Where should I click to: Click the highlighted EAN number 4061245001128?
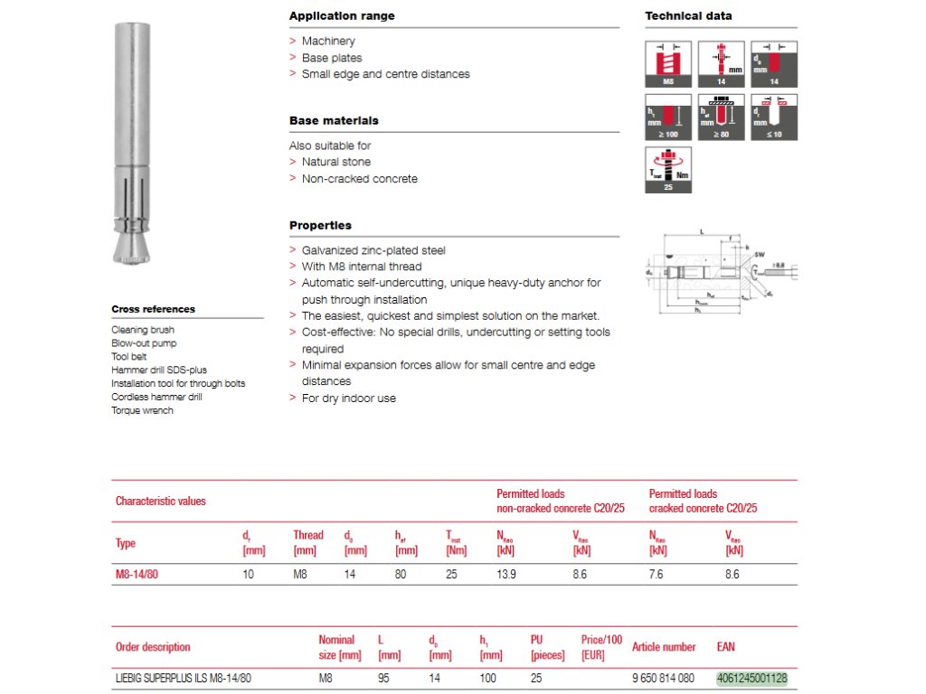coord(751,678)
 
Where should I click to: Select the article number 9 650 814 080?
coord(662,678)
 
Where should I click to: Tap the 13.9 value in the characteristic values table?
coord(506,575)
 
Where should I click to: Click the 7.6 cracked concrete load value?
coord(657,575)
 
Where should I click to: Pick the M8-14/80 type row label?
coord(137,575)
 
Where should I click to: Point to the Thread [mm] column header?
coord(307,542)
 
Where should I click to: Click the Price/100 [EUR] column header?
coord(601,646)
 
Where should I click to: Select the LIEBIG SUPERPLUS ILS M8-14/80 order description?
coord(184,678)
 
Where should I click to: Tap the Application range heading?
coord(342,16)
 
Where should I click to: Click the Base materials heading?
coord(334,121)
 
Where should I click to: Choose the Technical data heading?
coord(688,16)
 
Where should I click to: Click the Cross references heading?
coord(153,309)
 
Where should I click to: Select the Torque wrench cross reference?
coord(142,410)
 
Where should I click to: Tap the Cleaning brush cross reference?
coord(143,330)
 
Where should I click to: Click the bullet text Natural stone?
coord(336,163)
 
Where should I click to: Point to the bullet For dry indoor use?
coord(348,399)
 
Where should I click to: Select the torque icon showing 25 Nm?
coord(668,169)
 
